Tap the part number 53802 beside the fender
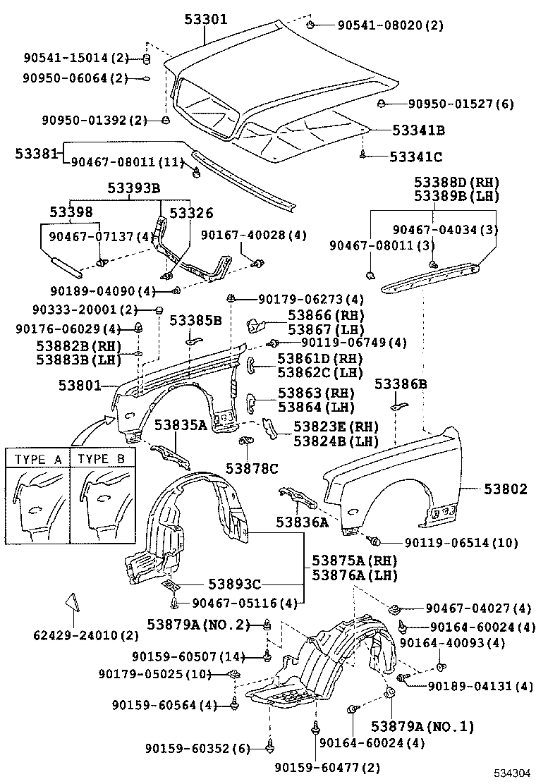pos(505,489)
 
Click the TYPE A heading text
pos(38,459)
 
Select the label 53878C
pos(252,467)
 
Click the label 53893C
pos(234,584)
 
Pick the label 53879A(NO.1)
pos(422,727)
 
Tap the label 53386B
pos(400,384)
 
